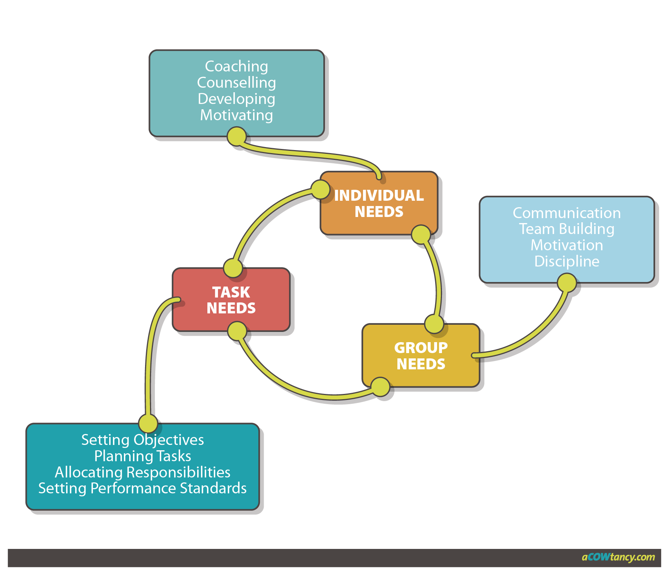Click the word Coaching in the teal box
pos(236,67)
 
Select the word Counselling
pos(236,83)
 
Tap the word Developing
pos(236,99)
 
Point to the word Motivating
pos(236,115)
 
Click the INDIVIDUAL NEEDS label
pos(379,203)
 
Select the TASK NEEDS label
pos(231,300)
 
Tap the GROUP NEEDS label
pos(421,356)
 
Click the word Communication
pos(567,213)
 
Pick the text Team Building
pos(567,229)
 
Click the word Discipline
pos(567,262)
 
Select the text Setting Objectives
pos(142,440)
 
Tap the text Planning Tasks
pos(142,456)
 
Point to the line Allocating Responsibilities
pos(142,473)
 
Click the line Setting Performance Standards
pos(142,488)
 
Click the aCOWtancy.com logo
pos(618,557)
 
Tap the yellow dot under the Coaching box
pos(237,136)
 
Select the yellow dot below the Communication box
pos(567,283)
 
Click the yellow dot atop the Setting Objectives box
pos(148,423)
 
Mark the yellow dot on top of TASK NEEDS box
pos(233,268)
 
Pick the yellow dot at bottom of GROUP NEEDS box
pos(380,386)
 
